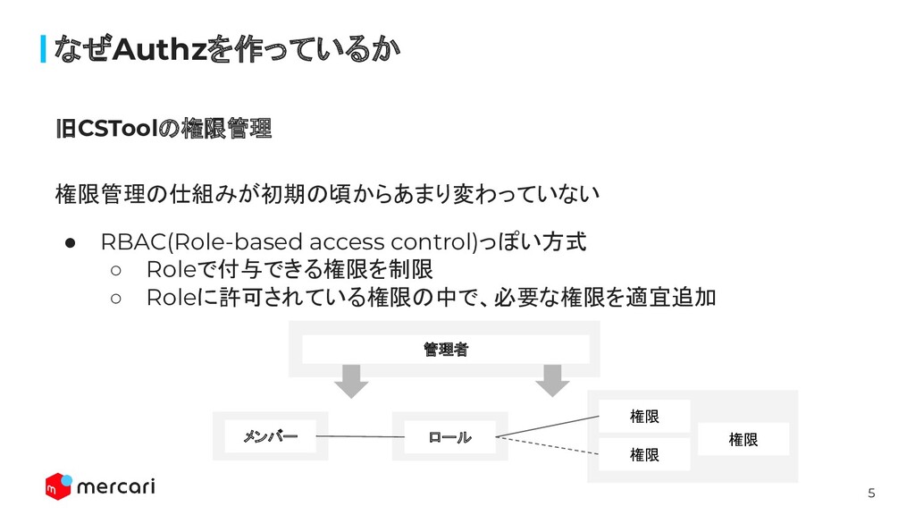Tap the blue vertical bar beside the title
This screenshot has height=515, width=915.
44,50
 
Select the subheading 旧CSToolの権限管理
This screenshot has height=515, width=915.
163,130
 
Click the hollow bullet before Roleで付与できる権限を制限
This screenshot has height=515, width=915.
115,269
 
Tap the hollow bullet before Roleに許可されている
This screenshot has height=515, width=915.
115,297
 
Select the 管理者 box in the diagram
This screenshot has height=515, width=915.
445,350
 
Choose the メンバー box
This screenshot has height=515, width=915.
270,436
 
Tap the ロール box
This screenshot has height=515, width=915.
449,437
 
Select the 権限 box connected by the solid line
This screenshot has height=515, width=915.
644,416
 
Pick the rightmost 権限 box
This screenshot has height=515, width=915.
743,439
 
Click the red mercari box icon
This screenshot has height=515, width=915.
58,485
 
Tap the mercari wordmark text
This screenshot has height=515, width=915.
116,486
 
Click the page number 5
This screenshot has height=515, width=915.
871,494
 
